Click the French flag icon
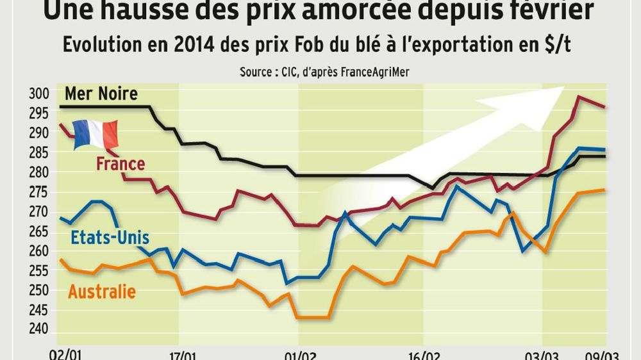point(96,135)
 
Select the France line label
point(121,164)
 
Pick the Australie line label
point(102,292)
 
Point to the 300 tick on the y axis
point(39,94)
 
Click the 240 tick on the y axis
point(39,329)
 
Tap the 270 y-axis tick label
point(39,211)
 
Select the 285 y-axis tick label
point(39,153)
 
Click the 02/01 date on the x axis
point(66,354)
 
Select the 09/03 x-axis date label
point(605,354)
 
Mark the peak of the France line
point(579,97)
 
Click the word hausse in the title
point(157,10)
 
